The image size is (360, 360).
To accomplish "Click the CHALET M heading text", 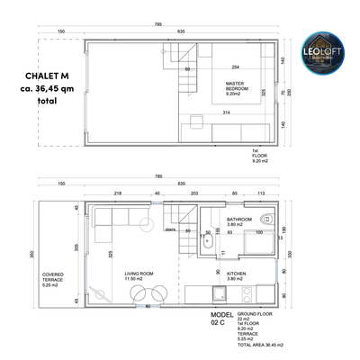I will click(x=37, y=76).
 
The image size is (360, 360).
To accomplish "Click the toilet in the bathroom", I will click(x=266, y=220).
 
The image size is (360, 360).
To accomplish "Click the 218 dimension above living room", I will click(x=118, y=193).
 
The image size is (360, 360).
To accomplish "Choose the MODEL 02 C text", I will click(x=209, y=319).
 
